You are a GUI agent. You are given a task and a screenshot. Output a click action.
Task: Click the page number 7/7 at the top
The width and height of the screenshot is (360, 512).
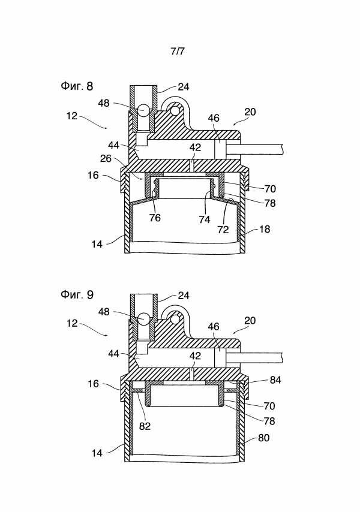click(x=178, y=52)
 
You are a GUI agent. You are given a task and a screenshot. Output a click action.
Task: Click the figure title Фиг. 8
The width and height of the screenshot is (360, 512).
click(x=77, y=86)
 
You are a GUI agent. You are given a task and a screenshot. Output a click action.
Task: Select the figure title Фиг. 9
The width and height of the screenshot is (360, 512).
click(x=77, y=294)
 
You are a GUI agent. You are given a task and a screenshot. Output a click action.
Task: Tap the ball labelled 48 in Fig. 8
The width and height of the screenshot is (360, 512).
click(x=143, y=110)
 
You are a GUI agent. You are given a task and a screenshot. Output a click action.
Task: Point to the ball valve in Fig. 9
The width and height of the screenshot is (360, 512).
click(x=143, y=318)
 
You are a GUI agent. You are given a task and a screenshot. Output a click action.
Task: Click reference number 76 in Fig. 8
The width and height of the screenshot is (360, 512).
click(x=155, y=218)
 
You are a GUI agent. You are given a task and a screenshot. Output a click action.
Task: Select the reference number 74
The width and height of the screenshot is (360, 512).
click(x=204, y=219)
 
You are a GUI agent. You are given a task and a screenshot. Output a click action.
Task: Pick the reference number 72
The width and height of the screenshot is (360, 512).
click(x=223, y=230)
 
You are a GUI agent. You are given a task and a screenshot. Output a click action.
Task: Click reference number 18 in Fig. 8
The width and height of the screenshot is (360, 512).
click(x=265, y=229)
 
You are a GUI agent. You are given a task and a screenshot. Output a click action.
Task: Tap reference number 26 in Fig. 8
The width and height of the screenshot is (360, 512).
click(x=106, y=158)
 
